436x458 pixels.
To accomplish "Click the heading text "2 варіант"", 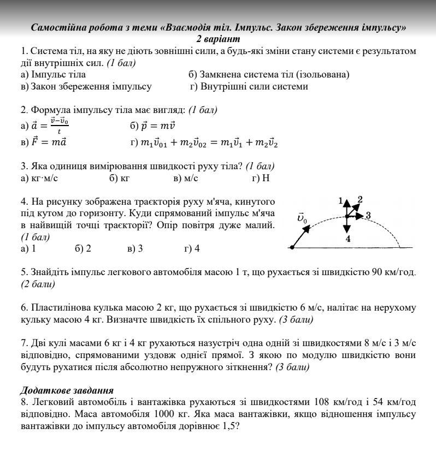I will [218, 39].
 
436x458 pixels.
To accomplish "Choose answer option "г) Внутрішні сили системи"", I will [249, 86].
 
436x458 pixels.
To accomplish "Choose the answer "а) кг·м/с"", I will [39, 178].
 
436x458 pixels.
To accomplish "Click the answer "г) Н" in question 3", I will [261, 178].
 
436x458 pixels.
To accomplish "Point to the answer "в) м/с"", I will [185, 178].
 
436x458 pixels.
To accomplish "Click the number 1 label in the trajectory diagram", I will [340, 201].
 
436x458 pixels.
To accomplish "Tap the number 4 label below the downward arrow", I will [348, 239].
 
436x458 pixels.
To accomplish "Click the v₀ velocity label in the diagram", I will [302, 218].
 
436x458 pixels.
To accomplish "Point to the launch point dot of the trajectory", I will [292, 248].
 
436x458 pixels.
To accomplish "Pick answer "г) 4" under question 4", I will [192, 248].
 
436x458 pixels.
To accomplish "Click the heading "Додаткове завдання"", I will [67, 390].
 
